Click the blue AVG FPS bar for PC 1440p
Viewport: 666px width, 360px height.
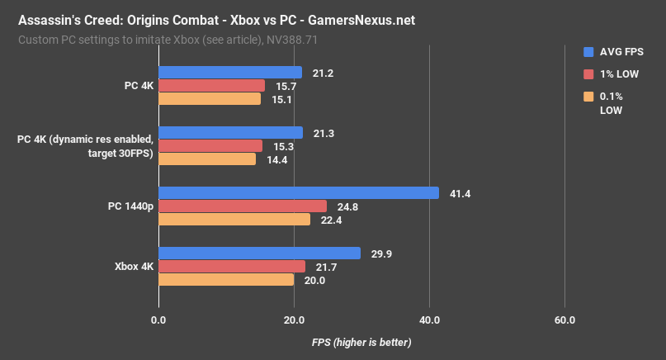298,193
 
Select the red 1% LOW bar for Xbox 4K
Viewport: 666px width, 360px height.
231,267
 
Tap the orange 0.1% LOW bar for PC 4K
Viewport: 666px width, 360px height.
209,99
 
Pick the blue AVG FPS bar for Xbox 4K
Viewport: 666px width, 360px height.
259,253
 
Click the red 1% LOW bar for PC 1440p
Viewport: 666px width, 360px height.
242,206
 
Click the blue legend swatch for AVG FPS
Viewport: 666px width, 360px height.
588,51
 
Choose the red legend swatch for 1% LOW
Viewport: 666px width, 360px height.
588,74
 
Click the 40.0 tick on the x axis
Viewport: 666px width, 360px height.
429,320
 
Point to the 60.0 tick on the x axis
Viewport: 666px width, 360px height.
564,320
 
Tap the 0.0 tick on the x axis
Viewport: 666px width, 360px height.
158,320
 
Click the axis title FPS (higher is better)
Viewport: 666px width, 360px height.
361,342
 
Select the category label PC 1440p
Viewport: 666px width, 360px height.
130,206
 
